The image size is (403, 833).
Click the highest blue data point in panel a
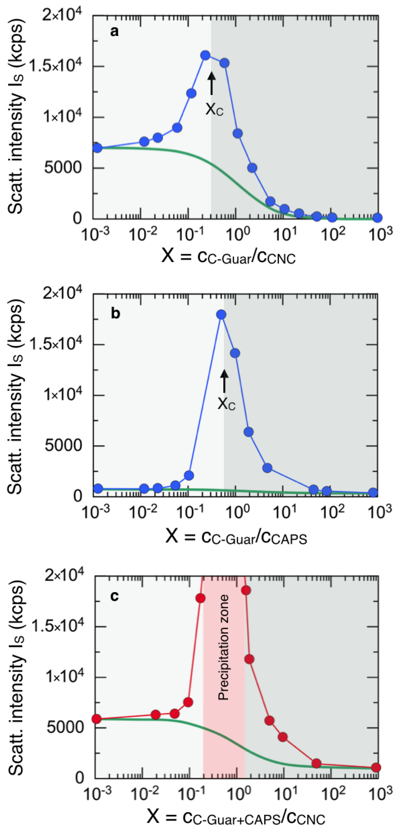point(205,55)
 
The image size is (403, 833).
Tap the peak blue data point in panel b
point(221,314)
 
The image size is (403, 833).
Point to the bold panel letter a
point(114,32)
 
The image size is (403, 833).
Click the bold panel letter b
point(115,313)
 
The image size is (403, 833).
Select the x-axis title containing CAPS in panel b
point(236,537)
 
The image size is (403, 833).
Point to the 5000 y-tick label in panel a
point(63,167)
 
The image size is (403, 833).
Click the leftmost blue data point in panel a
point(97,148)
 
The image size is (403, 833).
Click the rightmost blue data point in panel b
point(373,493)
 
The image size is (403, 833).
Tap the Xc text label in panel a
point(214,109)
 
